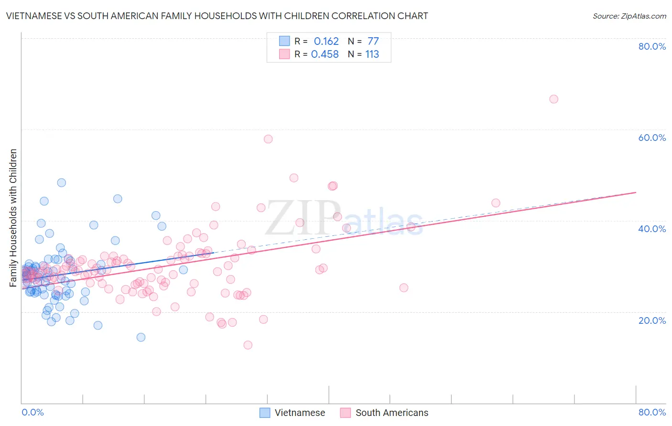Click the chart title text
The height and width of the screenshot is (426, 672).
(217, 16)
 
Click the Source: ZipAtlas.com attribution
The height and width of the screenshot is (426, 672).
(629, 16)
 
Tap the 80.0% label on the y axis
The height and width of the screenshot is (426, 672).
(652, 46)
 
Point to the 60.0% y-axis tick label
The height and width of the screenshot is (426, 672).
(652, 138)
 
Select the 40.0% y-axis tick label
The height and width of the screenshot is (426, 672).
(652, 229)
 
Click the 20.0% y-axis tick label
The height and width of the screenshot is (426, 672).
(652, 320)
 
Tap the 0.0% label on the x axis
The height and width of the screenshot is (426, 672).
(33, 412)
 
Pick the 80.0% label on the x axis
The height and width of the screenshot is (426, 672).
(652, 412)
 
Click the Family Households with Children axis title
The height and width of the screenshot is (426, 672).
(13, 218)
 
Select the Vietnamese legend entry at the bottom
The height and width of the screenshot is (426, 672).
(292, 413)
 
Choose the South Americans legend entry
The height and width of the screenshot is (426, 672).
(384, 413)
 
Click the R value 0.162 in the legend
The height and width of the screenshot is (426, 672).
(326, 42)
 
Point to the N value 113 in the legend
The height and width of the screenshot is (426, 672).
(372, 54)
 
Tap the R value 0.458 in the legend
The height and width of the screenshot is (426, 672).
(325, 54)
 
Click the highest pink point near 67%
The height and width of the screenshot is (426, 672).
(553, 99)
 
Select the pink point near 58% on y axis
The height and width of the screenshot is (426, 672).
(268, 139)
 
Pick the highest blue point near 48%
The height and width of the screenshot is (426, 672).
(62, 182)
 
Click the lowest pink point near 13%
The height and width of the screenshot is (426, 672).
(248, 345)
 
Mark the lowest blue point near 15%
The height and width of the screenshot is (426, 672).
(141, 337)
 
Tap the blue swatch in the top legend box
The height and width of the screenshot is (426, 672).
(284, 41)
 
